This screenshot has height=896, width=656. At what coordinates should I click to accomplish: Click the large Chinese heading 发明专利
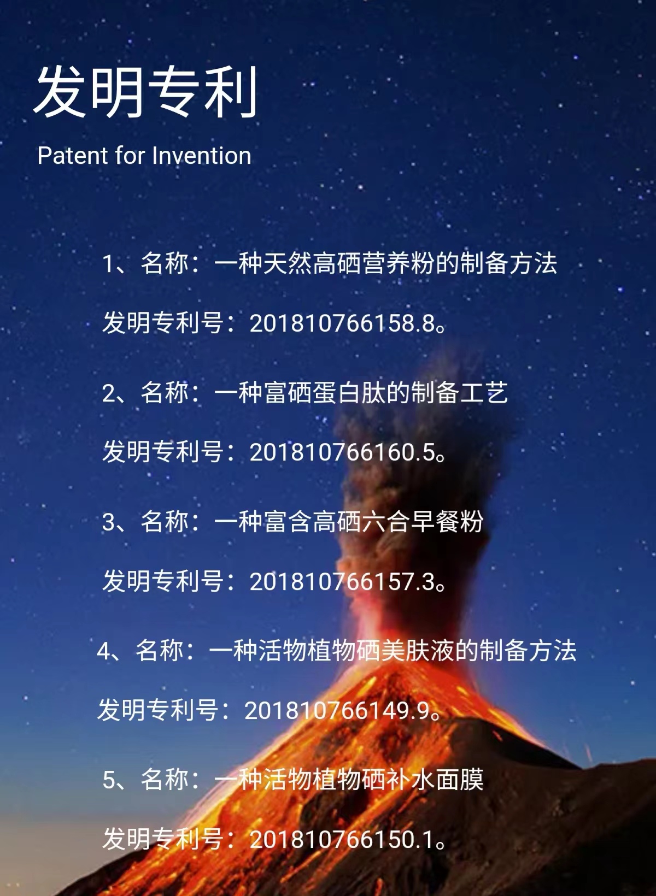pos(145,92)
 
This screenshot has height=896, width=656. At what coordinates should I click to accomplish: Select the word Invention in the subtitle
pos(201,155)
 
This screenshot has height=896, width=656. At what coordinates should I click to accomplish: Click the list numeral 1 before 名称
pos(108,264)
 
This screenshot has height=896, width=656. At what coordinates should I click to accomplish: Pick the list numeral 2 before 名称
pos(108,393)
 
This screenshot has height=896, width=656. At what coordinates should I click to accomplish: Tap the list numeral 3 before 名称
pos(108,522)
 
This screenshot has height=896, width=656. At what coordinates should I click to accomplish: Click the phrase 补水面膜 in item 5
pos(435,780)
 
